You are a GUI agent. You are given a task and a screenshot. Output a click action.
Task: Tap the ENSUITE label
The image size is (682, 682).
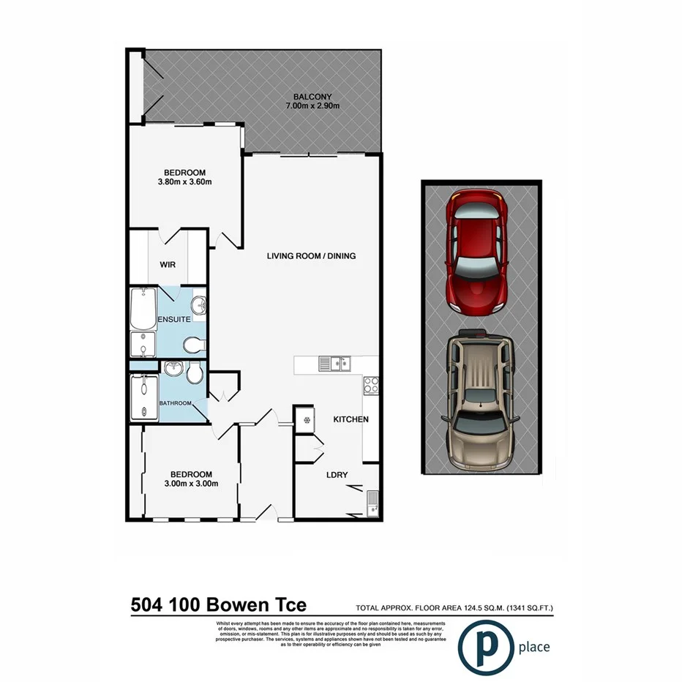(174, 320)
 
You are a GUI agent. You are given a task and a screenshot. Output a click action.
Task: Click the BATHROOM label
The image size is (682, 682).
(176, 403)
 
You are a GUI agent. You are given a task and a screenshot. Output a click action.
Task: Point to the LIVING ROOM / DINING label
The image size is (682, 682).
(311, 256)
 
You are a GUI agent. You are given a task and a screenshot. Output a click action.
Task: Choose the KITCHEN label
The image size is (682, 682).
(351, 420)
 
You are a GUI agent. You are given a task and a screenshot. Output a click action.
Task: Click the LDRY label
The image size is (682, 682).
(337, 475)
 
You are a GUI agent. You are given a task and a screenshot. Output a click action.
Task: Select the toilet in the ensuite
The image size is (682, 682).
(192, 344)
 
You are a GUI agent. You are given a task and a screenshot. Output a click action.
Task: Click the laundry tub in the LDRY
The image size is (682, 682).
(372, 501)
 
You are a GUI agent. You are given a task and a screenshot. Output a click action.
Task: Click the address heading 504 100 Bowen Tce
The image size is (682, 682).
(218, 605)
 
